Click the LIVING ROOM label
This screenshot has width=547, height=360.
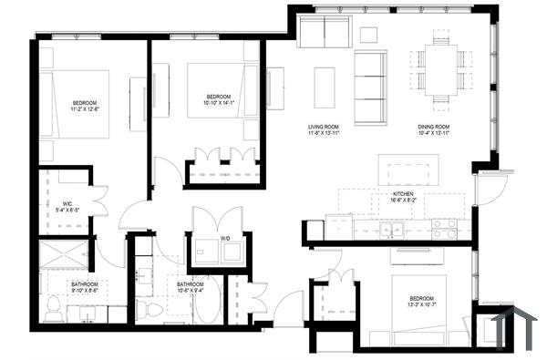point(324,127)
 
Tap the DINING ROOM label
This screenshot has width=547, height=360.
point(436,127)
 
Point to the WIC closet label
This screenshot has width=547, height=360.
point(67,202)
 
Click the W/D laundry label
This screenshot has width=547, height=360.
point(224,240)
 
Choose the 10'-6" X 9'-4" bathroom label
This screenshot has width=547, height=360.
point(191,291)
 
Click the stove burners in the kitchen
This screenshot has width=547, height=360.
point(444,228)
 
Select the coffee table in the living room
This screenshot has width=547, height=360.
point(325,87)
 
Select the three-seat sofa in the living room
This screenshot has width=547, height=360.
point(369,87)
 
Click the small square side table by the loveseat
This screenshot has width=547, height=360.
point(368,35)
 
